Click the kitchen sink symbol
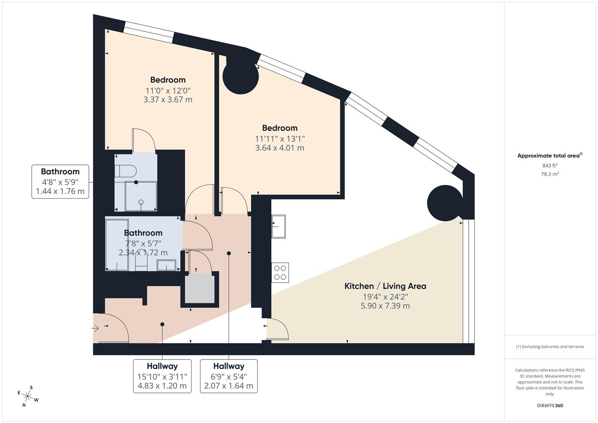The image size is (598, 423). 278,226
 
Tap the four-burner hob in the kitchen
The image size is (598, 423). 280,273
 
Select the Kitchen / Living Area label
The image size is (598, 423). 385,286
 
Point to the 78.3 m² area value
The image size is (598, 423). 550,174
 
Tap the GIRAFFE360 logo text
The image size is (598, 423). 550,405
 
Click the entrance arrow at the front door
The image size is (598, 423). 96,329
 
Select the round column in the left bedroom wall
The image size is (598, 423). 240,76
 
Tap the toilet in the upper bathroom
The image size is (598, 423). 125,172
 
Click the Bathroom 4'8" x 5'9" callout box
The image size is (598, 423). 60,182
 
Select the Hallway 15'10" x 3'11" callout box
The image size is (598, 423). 162,376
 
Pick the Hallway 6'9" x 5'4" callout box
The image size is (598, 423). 229,376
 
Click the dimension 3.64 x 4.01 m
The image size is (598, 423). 280,148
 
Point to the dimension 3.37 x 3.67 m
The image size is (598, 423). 168,99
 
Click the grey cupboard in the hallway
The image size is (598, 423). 200,289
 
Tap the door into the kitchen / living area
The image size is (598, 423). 277,329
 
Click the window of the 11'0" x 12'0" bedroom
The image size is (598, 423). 148,32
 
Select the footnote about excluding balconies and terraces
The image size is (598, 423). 550,347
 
